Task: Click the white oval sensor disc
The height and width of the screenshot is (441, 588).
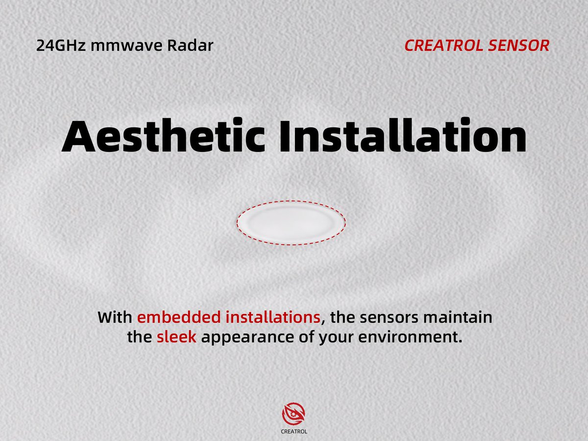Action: click(x=292, y=223)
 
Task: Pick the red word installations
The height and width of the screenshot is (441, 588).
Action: click(x=273, y=318)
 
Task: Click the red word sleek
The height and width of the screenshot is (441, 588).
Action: click(x=176, y=338)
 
